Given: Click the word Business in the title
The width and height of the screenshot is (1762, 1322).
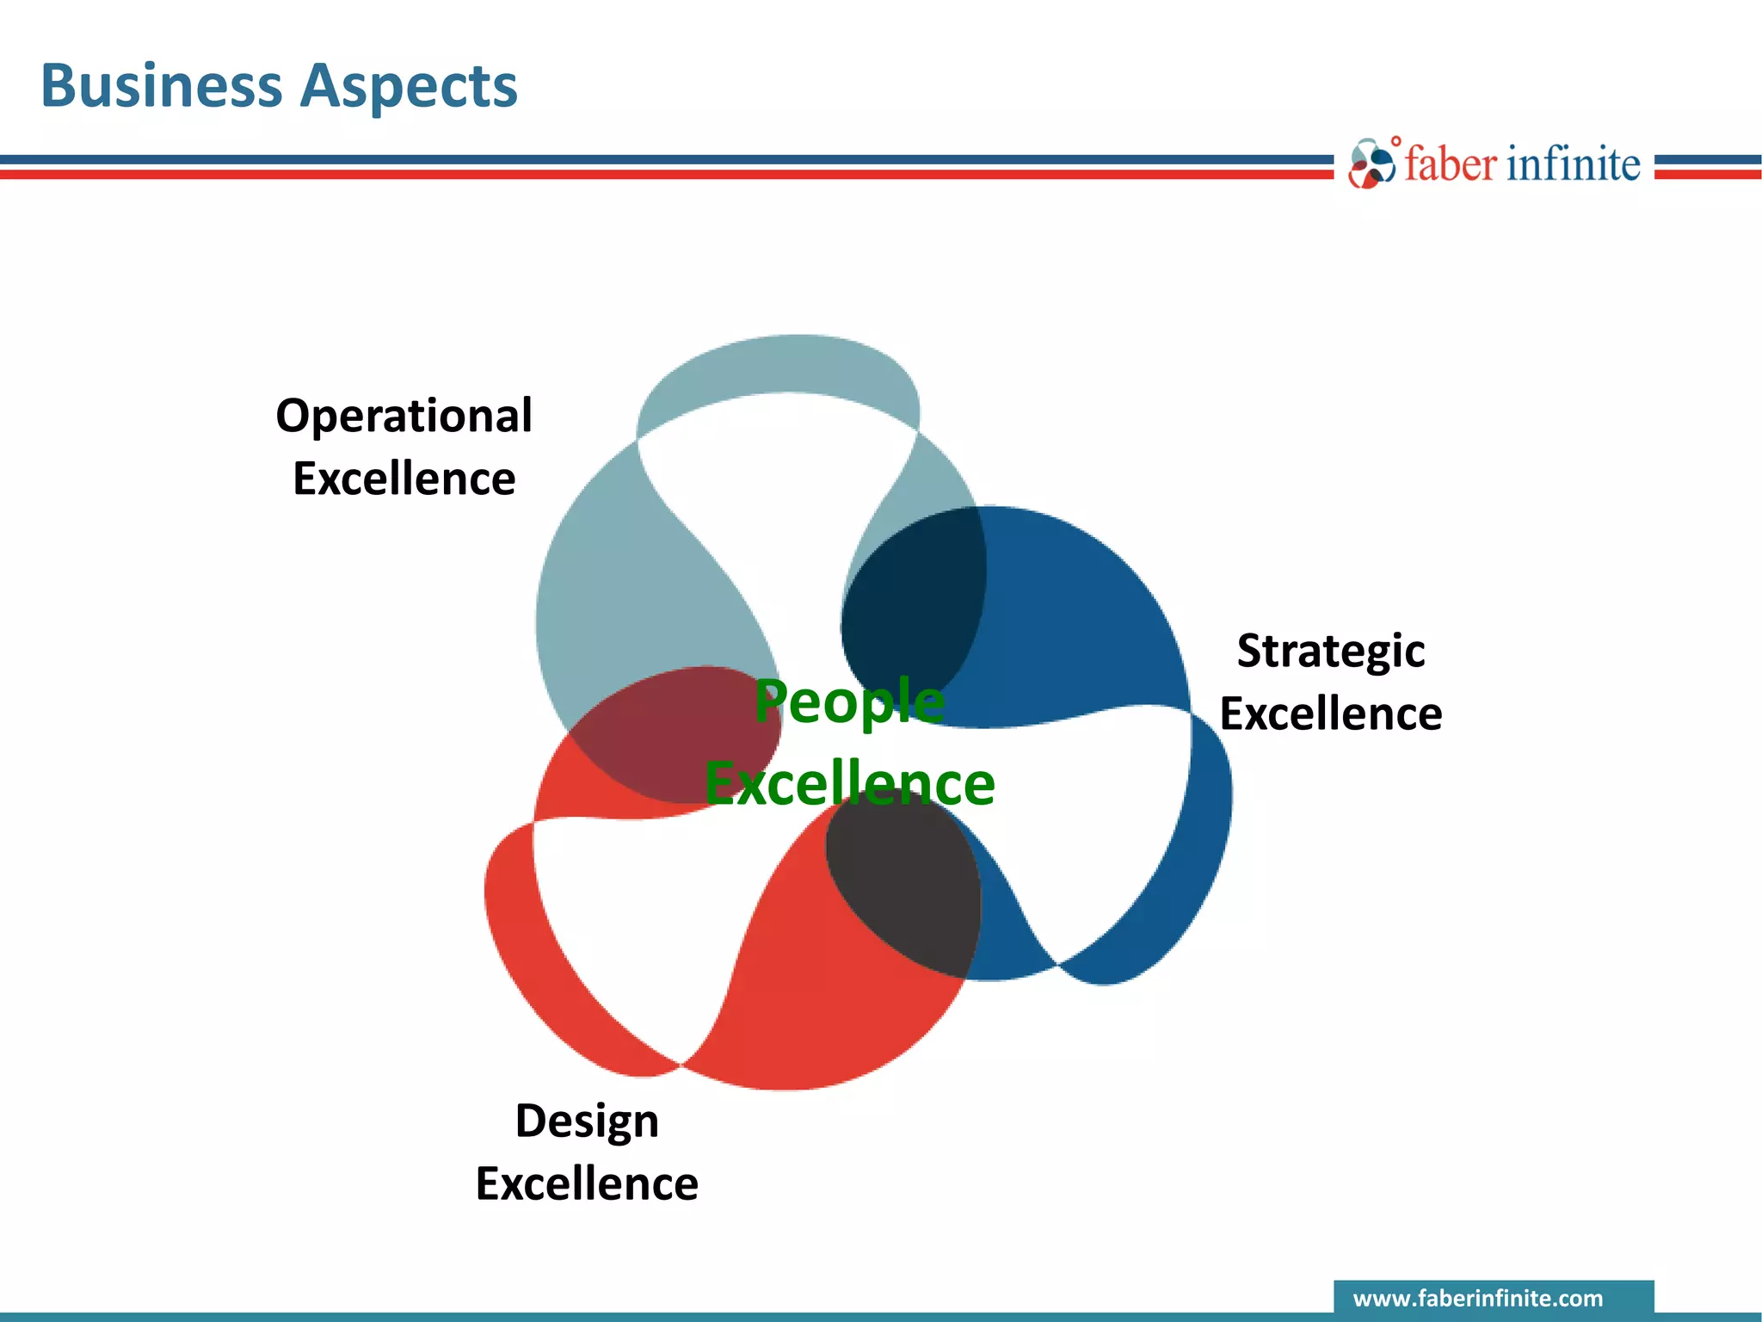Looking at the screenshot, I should click(x=161, y=86).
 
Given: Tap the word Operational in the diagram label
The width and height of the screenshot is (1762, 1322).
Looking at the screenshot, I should click(x=404, y=417).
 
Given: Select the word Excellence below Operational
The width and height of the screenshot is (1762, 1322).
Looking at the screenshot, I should click(x=404, y=479).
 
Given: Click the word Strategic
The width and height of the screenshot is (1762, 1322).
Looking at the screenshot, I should click(x=1330, y=652).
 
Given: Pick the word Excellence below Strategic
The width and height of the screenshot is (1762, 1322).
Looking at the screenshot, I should click(x=1330, y=714).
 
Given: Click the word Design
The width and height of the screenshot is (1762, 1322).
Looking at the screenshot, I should click(x=587, y=1121).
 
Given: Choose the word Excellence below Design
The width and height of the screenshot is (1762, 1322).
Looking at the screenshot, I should click(x=587, y=1184).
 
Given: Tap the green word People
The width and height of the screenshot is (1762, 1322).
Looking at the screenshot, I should click(x=849, y=701).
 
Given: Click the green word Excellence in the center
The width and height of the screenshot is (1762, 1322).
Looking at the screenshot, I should click(x=849, y=784).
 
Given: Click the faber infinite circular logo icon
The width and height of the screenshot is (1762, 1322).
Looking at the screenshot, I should click(x=1371, y=164).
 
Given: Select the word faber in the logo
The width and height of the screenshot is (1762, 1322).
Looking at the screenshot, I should click(x=1451, y=164).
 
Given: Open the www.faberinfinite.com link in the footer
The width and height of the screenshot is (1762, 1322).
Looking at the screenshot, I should click(x=1478, y=1298).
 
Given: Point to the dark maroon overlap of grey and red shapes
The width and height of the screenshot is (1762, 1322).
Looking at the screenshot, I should click(x=671, y=732).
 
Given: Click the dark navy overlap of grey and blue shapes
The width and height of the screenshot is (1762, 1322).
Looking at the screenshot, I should click(x=912, y=602).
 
